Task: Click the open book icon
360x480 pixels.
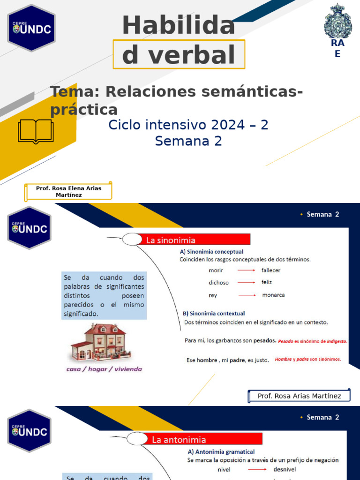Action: pyautogui.click(x=36, y=131)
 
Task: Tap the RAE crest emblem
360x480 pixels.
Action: pyautogui.click(x=337, y=22)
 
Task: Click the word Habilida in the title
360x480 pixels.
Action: pyautogui.click(x=179, y=25)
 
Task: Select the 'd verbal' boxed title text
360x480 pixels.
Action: pyautogui.click(x=179, y=55)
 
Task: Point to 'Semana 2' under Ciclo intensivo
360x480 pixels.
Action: pyautogui.click(x=188, y=141)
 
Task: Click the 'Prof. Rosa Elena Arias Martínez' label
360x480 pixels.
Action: pyautogui.click(x=68, y=191)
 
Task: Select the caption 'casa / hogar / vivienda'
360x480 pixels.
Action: pyautogui.click(x=104, y=369)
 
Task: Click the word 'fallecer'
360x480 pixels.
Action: pyautogui.click(x=271, y=270)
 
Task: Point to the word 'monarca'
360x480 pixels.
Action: pyautogui.click(x=273, y=295)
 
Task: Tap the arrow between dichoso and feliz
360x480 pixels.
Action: pyautogui.click(x=247, y=283)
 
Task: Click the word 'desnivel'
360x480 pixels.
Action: pyautogui.click(x=284, y=469)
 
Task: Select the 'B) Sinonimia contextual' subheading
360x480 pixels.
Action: pyautogui.click(x=214, y=313)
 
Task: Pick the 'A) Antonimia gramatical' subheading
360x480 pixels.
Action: pyautogui.click(x=221, y=452)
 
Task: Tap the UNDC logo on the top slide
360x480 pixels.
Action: pyautogui.click(x=31, y=28)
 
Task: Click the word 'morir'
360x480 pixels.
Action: pyautogui.click(x=216, y=270)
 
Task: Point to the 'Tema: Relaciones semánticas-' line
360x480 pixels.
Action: pyautogui.click(x=176, y=92)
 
